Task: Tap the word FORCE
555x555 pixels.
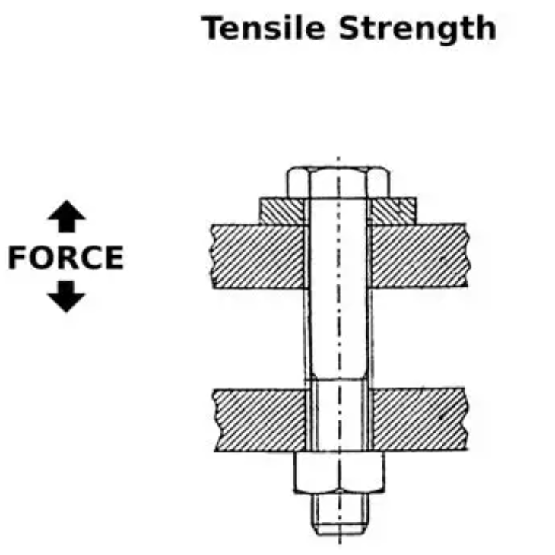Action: coord(65,258)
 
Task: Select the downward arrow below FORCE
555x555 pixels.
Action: coord(67,297)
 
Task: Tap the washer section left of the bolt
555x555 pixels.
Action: coord(282,209)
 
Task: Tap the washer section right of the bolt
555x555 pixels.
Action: coord(395,209)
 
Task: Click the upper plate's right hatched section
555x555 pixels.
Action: coord(417,255)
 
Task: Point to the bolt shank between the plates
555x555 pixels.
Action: coord(338,335)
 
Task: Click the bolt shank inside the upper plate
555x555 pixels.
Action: coord(338,255)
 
